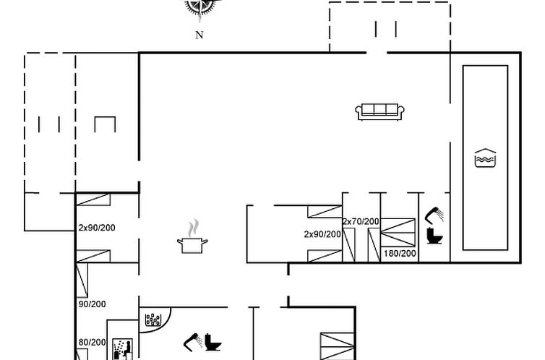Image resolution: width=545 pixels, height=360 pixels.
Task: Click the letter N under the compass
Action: click(x=199, y=35)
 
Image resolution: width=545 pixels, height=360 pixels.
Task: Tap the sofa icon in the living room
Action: click(x=379, y=111)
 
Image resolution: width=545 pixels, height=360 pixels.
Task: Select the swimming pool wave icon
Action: click(x=485, y=158)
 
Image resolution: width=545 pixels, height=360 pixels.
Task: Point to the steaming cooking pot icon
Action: click(x=192, y=236)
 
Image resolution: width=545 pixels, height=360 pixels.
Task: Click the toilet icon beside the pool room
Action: click(x=434, y=235)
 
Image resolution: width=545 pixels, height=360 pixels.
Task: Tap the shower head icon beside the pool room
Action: click(x=434, y=215)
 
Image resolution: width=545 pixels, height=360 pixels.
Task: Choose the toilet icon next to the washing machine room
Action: click(x=213, y=342)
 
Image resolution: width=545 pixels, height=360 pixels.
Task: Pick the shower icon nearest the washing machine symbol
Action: click(x=193, y=342)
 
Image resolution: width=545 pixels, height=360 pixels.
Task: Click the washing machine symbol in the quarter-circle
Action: click(x=153, y=320)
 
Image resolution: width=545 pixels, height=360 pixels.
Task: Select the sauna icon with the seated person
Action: click(x=122, y=349)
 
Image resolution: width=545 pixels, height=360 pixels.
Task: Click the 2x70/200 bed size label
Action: click(x=361, y=221)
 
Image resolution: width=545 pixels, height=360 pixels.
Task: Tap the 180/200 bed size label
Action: click(x=400, y=253)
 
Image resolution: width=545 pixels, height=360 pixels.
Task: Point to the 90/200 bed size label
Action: click(x=92, y=304)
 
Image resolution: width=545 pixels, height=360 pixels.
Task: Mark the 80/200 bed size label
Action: click(x=92, y=342)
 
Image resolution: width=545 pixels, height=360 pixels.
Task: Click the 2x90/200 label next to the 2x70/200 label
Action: click(x=322, y=234)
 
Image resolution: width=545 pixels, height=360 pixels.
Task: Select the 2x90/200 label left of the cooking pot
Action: click(x=97, y=228)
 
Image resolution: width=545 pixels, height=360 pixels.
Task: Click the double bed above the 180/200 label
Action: click(x=398, y=233)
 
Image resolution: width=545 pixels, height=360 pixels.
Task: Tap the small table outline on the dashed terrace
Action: click(x=105, y=124)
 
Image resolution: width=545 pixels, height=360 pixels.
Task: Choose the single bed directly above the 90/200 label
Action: click(x=82, y=280)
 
